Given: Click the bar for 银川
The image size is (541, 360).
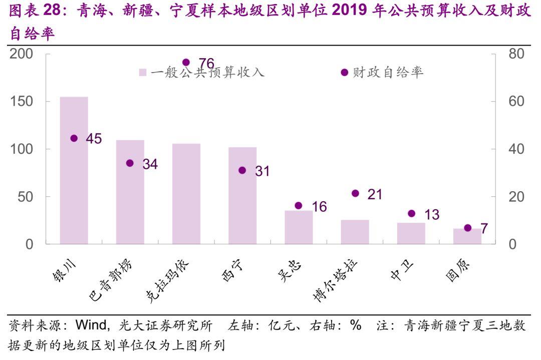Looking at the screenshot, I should (x=74, y=170).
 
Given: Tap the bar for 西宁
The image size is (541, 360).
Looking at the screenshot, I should (x=242, y=195).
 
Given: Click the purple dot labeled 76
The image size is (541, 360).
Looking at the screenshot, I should (x=186, y=63).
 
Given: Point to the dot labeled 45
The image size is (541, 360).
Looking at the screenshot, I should (x=74, y=138).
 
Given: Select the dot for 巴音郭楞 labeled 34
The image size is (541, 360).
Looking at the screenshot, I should (x=130, y=163).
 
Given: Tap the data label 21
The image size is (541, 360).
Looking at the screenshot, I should (x=375, y=194).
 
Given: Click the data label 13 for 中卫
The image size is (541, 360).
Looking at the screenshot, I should (x=431, y=215).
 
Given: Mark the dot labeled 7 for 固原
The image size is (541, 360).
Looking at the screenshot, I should (x=468, y=228).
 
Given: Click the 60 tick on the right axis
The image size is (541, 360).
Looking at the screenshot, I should (x=516, y=101).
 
